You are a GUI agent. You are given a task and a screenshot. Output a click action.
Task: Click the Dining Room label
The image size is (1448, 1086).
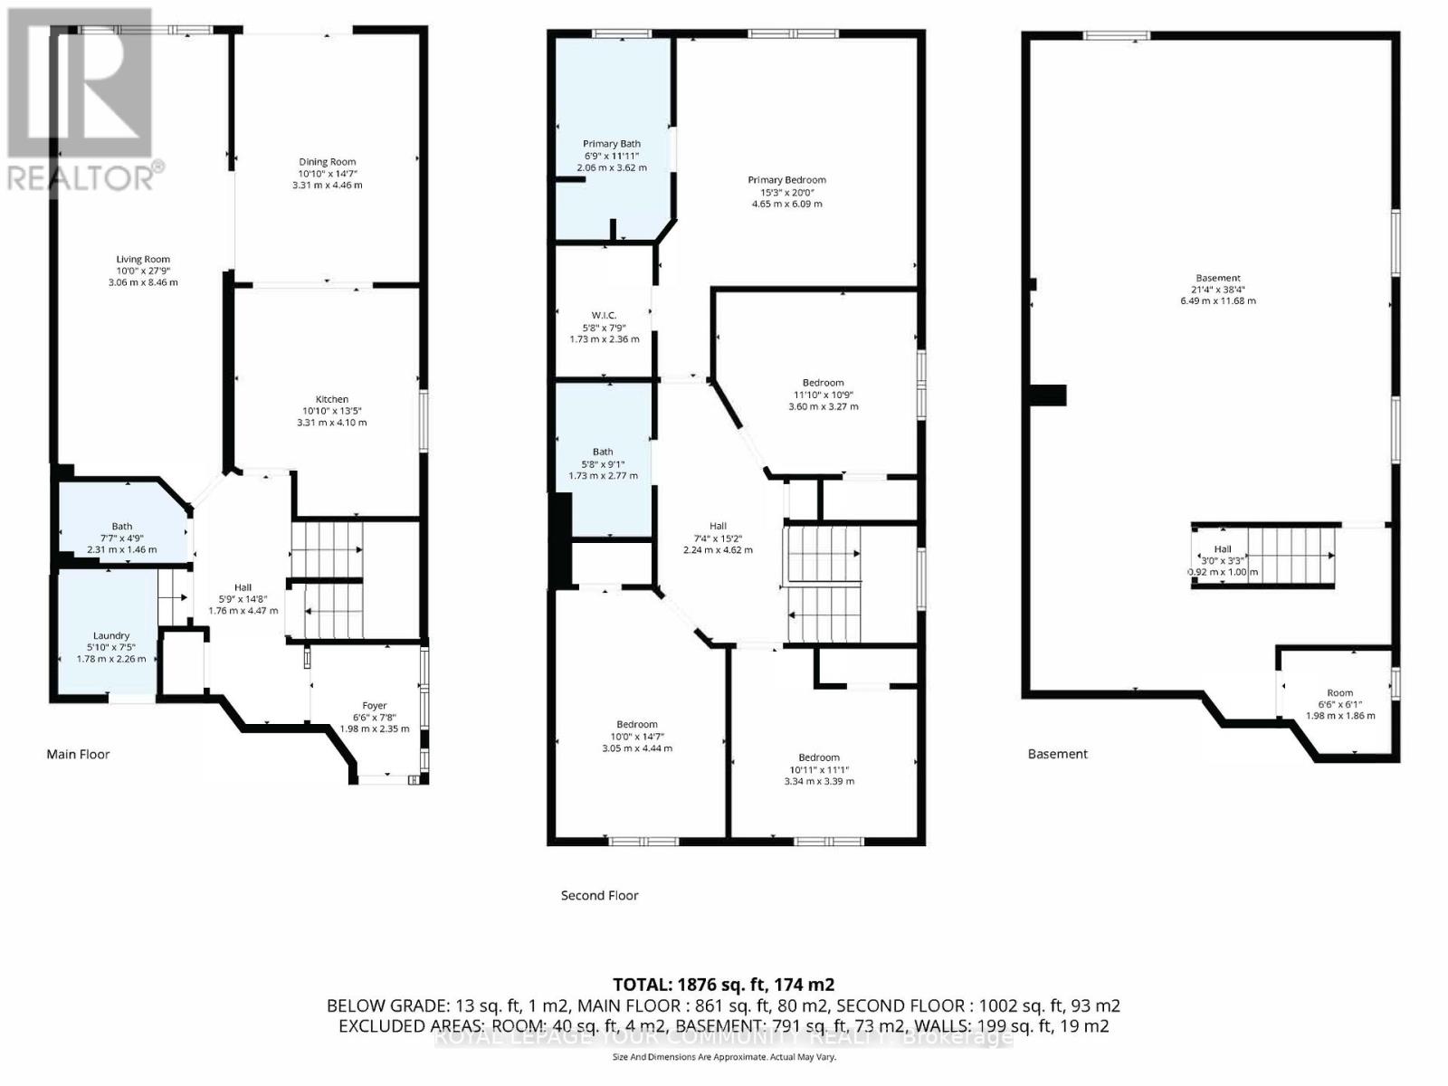[327, 162]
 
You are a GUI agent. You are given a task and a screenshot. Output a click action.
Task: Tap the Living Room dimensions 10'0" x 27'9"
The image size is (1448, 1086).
[142, 271]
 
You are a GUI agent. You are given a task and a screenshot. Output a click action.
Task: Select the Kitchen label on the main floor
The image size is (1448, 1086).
[331, 399]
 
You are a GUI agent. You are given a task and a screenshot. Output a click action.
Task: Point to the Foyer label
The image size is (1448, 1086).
[374, 705]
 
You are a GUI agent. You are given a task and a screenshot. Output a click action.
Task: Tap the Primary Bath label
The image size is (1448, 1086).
[612, 144]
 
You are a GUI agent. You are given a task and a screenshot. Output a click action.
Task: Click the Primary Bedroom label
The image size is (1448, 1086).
[786, 180]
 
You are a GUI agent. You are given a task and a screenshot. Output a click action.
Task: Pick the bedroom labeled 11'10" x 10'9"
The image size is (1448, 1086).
[823, 395]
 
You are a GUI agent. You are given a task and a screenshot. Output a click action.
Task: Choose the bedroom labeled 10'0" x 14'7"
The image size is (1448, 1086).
[637, 736]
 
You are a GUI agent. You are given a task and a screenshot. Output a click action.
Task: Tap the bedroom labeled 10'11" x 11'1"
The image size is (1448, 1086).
[818, 769]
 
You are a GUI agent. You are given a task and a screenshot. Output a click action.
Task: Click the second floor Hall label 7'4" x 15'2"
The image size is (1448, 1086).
[718, 538]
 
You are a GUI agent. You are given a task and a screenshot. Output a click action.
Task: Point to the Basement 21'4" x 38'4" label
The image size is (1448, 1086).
[1217, 290]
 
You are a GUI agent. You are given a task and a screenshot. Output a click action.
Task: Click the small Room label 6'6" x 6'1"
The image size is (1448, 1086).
[1339, 692]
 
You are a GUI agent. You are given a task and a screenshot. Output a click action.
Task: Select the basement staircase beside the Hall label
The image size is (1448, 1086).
[1291, 556]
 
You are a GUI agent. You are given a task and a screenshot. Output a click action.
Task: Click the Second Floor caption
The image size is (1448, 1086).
[599, 895]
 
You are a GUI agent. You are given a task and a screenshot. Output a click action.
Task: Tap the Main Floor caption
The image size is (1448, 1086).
[78, 754]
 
